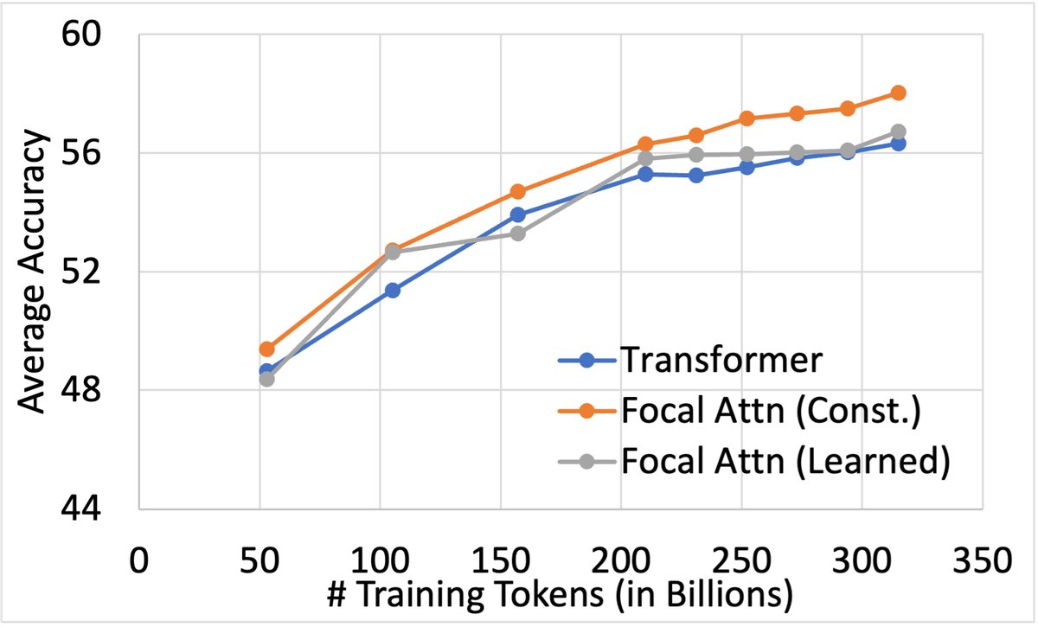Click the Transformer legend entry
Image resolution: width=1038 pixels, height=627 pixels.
718,361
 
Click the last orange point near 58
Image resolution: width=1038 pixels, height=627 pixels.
898,93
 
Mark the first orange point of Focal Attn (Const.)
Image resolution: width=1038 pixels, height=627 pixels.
266,349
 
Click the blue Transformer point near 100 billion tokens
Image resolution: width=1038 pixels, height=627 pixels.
393,291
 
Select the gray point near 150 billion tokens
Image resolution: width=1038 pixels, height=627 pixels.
517,234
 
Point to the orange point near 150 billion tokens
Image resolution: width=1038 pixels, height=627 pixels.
517,191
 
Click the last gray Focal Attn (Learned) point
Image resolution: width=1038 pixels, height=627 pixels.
898,131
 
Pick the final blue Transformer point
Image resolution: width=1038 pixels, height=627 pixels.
898,144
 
